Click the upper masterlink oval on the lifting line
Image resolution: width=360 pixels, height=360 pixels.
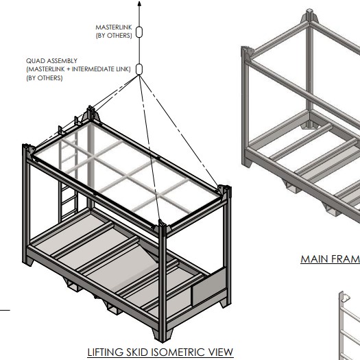coord(139,32)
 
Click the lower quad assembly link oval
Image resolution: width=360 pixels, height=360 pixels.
coord(139,69)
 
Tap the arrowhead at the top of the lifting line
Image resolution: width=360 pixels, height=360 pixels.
coord(139,3)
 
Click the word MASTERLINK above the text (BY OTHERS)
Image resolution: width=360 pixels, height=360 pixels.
coord(114,27)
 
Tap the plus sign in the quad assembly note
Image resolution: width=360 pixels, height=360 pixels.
coord(68,69)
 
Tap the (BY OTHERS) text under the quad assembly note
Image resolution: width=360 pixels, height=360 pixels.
coord(45,78)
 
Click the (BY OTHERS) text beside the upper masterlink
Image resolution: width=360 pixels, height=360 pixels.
coord(114,36)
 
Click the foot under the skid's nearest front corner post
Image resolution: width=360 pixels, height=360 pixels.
coord(163,336)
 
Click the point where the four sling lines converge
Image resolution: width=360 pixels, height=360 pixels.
coord(139,75)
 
